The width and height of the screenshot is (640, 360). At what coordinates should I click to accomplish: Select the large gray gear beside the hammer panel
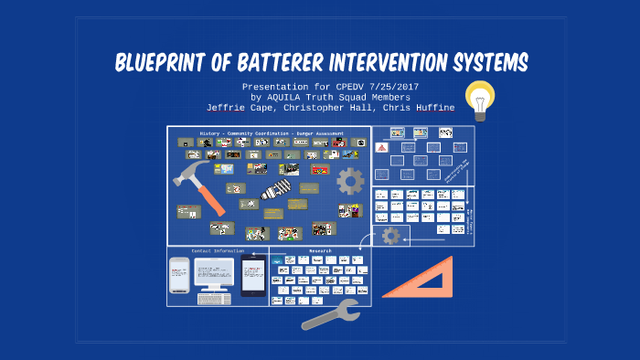point(350,181)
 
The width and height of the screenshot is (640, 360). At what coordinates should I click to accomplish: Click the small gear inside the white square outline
point(390,236)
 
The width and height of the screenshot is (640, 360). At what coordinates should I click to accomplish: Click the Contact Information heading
point(217,250)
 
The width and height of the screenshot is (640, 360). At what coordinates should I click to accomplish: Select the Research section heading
point(319,250)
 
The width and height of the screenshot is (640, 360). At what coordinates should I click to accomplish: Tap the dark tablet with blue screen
point(253,276)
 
